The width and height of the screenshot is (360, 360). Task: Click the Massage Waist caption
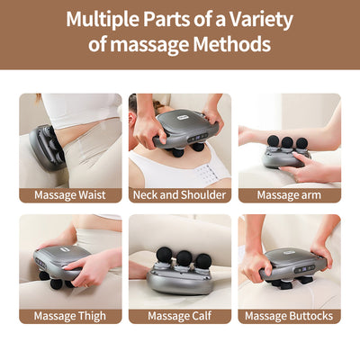(x=69, y=194)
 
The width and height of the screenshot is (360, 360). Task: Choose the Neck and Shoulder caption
(x=179, y=194)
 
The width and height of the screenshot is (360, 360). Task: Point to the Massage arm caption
(x=289, y=194)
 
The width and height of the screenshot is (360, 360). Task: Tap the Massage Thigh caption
(x=69, y=316)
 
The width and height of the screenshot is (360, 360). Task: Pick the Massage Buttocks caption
(x=289, y=316)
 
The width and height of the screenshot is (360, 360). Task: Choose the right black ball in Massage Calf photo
(x=202, y=261)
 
